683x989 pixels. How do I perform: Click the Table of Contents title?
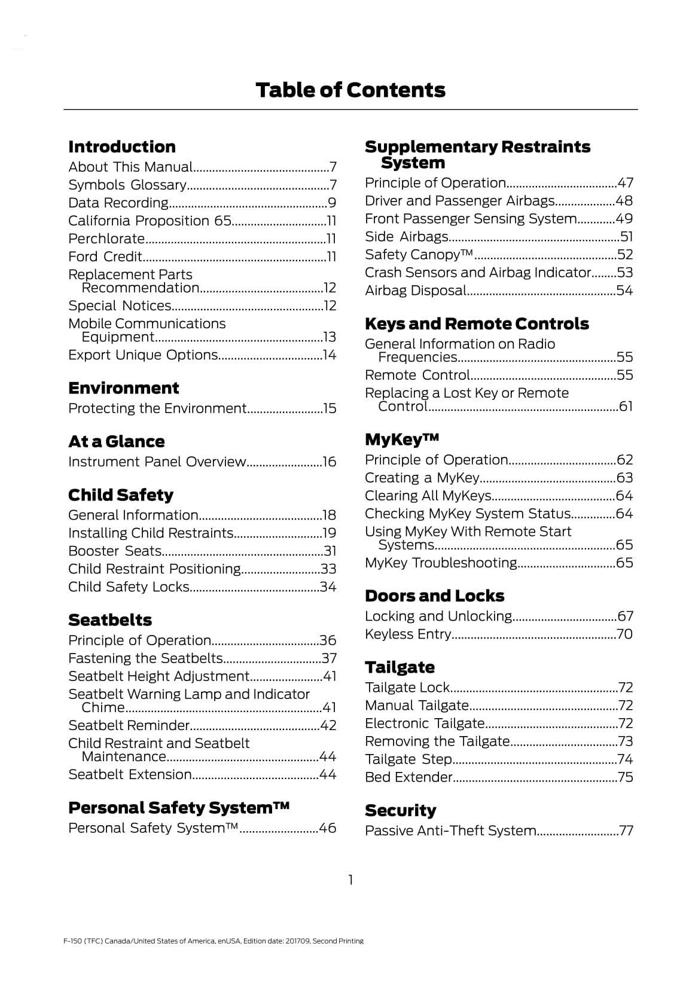click(x=350, y=90)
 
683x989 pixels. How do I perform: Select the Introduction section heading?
click(x=122, y=147)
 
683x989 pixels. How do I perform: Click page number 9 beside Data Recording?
click(x=332, y=203)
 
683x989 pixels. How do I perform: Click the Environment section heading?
click(x=123, y=389)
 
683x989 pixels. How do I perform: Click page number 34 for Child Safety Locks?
click(x=328, y=587)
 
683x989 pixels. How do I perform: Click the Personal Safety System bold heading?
click(x=179, y=808)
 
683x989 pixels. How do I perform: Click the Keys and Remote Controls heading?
click(x=477, y=324)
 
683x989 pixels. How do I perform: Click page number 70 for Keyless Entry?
click(x=624, y=634)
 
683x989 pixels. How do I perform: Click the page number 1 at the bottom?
click(x=350, y=880)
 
